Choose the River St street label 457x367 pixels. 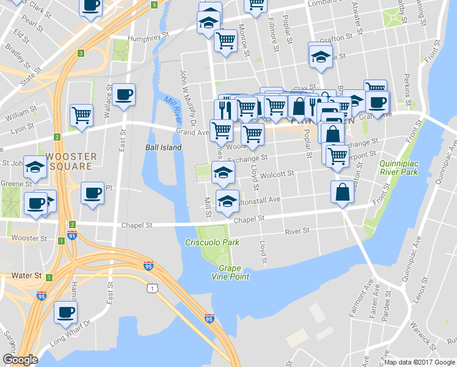point(297,231)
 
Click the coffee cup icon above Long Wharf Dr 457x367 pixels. point(65,312)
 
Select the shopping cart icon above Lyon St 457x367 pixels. point(81,114)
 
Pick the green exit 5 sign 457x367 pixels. point(154,5)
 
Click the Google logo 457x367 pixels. point(20,360)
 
